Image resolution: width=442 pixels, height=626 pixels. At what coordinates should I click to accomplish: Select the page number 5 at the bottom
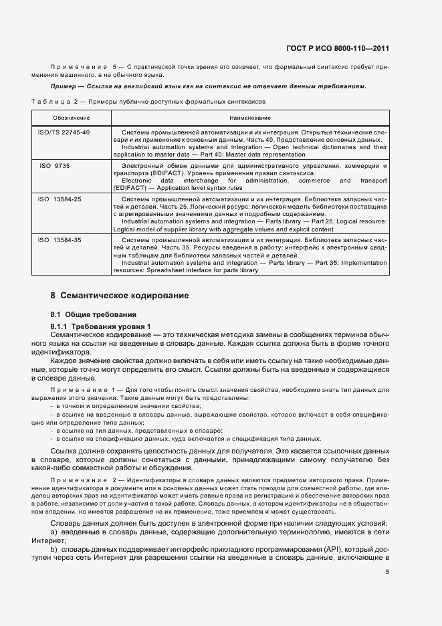tap(387, 572)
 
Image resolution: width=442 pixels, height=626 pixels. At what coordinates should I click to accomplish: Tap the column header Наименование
tap(249, 118)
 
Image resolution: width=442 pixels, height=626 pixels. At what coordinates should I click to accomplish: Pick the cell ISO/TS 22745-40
tap(64, 132)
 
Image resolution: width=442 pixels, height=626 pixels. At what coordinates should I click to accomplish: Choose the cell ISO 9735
tap(55, 164)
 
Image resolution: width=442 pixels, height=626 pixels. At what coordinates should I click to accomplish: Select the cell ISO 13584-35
tap(60, 239)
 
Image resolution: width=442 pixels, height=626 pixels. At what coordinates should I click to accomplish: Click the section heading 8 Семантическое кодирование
tap(120, 295)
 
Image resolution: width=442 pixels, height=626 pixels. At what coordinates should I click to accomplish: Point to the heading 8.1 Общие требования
tap(94, 314)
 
